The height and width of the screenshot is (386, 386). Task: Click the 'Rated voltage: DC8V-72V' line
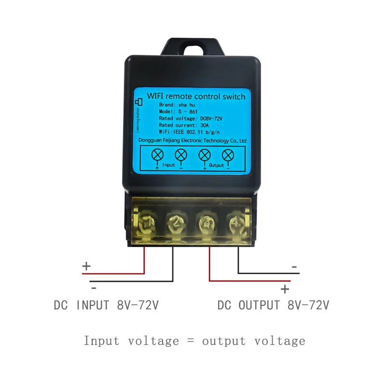pos(190,118)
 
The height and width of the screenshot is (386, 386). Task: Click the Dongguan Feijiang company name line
pos(192,140)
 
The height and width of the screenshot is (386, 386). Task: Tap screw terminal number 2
pos(174,222)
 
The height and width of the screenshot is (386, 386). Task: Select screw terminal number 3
pos(205,222)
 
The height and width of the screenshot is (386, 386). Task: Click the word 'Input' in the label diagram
pos(169,165)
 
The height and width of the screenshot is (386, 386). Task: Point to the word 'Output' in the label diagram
pos(217,165)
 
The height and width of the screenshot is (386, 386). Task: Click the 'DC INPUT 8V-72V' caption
pos(106,305)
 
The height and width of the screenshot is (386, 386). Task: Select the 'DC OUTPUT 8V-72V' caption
pos(273,305)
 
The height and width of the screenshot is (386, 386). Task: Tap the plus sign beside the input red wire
pos(86,266)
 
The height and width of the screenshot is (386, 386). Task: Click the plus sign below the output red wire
pos(285,289)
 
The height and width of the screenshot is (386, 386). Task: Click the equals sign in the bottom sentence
pos(190,341)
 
